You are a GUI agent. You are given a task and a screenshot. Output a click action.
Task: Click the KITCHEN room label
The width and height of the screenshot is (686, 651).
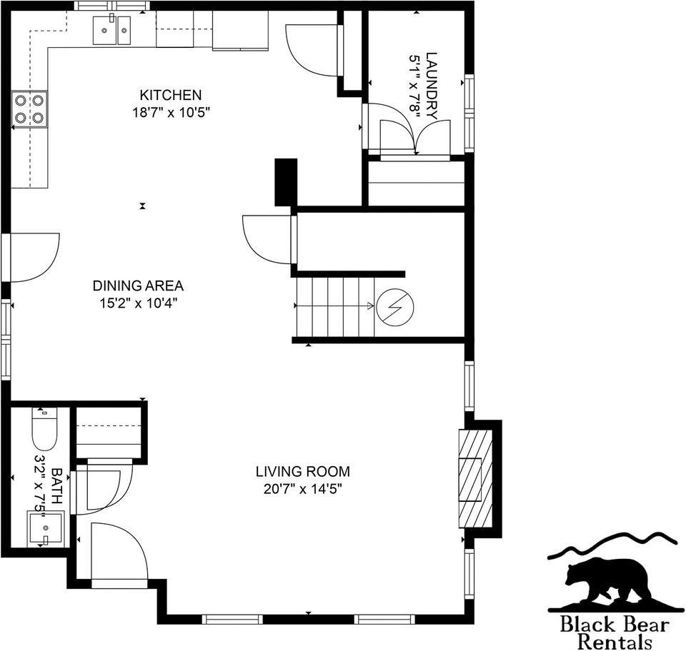[170, 95]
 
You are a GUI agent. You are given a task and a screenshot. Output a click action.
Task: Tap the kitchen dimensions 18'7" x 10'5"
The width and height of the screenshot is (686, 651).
[170, 112]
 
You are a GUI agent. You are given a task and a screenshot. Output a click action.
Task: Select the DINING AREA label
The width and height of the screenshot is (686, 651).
[138, 286]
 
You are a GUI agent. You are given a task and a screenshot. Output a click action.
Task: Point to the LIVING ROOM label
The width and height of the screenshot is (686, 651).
[303, 471]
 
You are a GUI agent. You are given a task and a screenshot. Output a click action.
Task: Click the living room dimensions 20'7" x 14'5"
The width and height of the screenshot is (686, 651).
[303, 489]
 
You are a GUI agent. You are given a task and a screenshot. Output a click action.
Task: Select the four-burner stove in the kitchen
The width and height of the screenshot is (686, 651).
[29, 109]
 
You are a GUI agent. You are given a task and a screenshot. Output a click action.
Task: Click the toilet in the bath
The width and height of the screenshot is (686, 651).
[44, 428]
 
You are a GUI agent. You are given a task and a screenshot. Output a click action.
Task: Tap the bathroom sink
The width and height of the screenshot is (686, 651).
[45, 529]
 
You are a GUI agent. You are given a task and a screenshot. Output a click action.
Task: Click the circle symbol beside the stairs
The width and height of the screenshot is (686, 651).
[394, 306]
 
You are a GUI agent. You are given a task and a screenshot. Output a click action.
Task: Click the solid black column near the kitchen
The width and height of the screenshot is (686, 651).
[286, 183]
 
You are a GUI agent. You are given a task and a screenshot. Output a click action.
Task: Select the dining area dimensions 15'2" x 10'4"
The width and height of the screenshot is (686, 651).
[138, 303]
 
